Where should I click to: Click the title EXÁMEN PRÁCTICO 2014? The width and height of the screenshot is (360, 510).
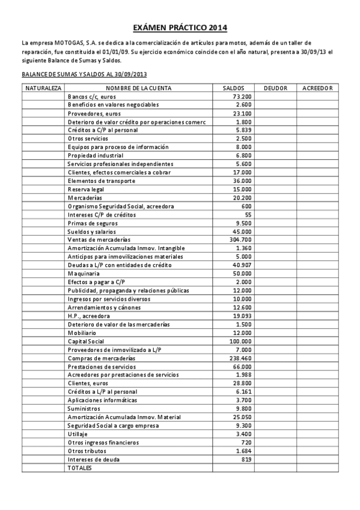[x=180, y=28]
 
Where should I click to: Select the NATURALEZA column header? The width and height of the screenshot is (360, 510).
[x=43, y=88]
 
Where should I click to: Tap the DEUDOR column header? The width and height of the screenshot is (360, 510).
[x=275, y=88]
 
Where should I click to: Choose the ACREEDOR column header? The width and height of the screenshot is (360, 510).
[x=317, y=88]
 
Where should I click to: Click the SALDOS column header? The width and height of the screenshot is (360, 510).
[x=233, y=88]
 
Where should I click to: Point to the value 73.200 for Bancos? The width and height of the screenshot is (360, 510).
[x=242, y=96]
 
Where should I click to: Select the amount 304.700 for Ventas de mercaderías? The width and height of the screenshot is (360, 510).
[x=240, y=240]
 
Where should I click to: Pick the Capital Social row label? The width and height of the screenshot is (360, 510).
[x=86, y=341]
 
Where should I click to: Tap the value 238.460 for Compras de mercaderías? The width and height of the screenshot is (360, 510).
[x=240, y=358]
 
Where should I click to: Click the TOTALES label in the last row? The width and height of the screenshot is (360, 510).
[x=79, y=467]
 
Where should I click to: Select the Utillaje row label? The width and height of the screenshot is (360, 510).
[x=78, y=434]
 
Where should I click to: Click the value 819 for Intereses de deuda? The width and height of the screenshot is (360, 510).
[x=246, y=459]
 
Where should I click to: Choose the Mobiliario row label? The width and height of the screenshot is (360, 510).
[x=81, y=333]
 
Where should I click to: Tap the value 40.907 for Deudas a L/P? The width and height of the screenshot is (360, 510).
[x=242, y=265]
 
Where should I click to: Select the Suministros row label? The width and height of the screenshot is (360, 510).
[x=82, y=408]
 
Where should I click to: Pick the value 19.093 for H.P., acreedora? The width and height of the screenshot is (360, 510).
[x=242, y=316]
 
